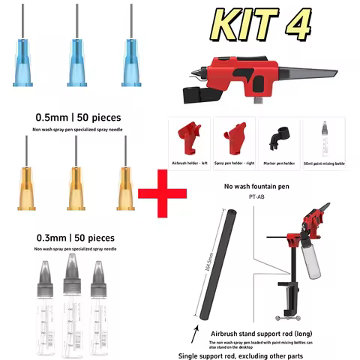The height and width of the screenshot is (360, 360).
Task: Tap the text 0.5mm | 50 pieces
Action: (78, 118)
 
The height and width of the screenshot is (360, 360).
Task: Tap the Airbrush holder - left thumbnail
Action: (189, 138)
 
